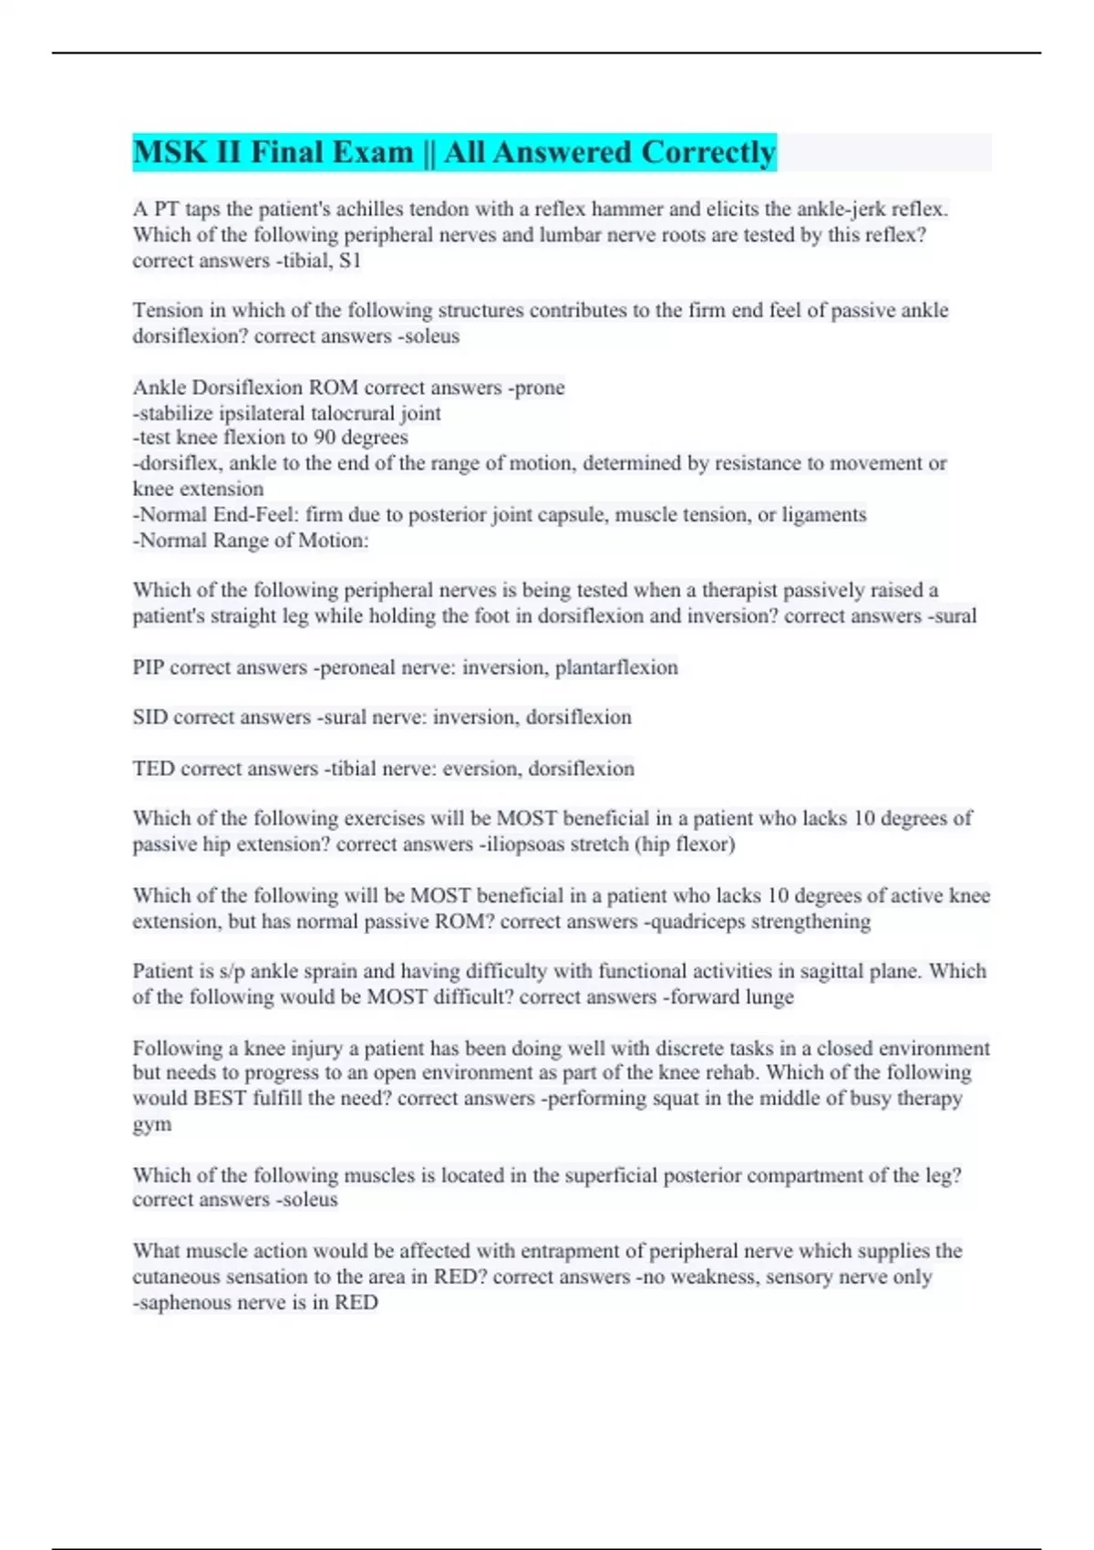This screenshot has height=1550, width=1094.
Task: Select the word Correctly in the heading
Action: click(x=707, y=152)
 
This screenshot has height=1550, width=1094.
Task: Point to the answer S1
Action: click(x=350, y=261)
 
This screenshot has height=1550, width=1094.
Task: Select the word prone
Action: click(x=540, y=387)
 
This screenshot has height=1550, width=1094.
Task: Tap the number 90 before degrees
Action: click(x=325, y=438)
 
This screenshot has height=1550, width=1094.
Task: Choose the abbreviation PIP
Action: click(x=148, y=667)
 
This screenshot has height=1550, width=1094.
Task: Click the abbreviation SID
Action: click(x=150, y=718)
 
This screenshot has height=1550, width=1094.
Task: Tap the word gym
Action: click(x=151, y=1125)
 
